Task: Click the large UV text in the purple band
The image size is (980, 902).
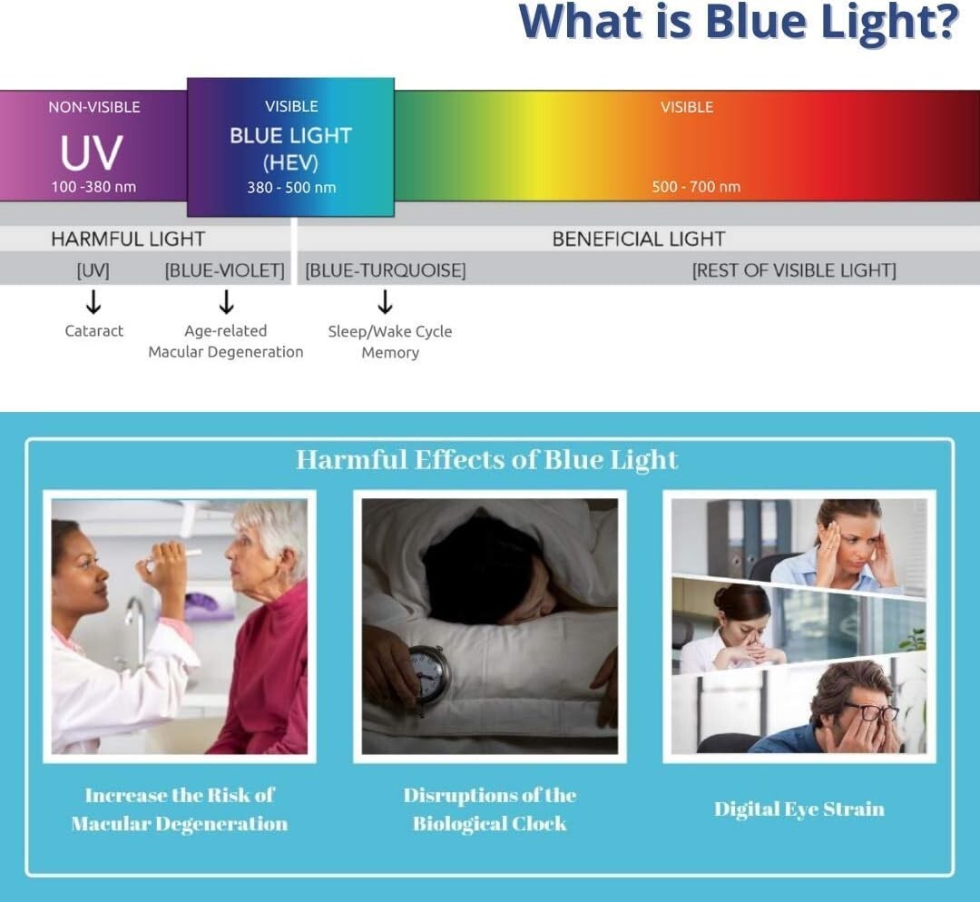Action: pos(92,152)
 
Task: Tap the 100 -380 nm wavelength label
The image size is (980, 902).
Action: pos(93,187)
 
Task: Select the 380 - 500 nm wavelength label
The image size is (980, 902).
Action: pos(291,188)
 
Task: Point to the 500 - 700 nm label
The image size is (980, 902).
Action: pos(696,187)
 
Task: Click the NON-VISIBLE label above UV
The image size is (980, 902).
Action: pos(94,107)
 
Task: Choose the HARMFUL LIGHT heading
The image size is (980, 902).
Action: pos(128,239)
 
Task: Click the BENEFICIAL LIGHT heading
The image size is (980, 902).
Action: pos(639,239)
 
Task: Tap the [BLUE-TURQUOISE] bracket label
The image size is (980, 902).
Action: pos(386,270)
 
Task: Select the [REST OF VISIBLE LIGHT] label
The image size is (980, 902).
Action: pos(794,270)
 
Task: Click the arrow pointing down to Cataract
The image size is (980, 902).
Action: pos(93,302)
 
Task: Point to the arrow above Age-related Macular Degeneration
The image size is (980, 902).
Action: pos(226,302)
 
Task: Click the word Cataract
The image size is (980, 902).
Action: pos(93,330)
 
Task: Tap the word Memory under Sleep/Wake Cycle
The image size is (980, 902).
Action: pos(390,353)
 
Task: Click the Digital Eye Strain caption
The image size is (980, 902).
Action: pos(799,809)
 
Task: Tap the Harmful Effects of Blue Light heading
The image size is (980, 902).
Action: pos(487,459)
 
